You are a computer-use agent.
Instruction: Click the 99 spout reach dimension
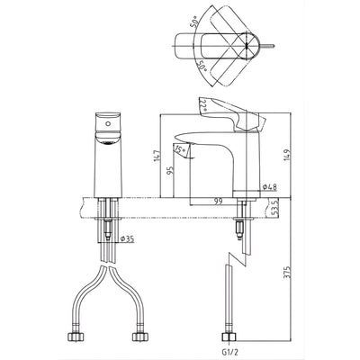tap(218, 201)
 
